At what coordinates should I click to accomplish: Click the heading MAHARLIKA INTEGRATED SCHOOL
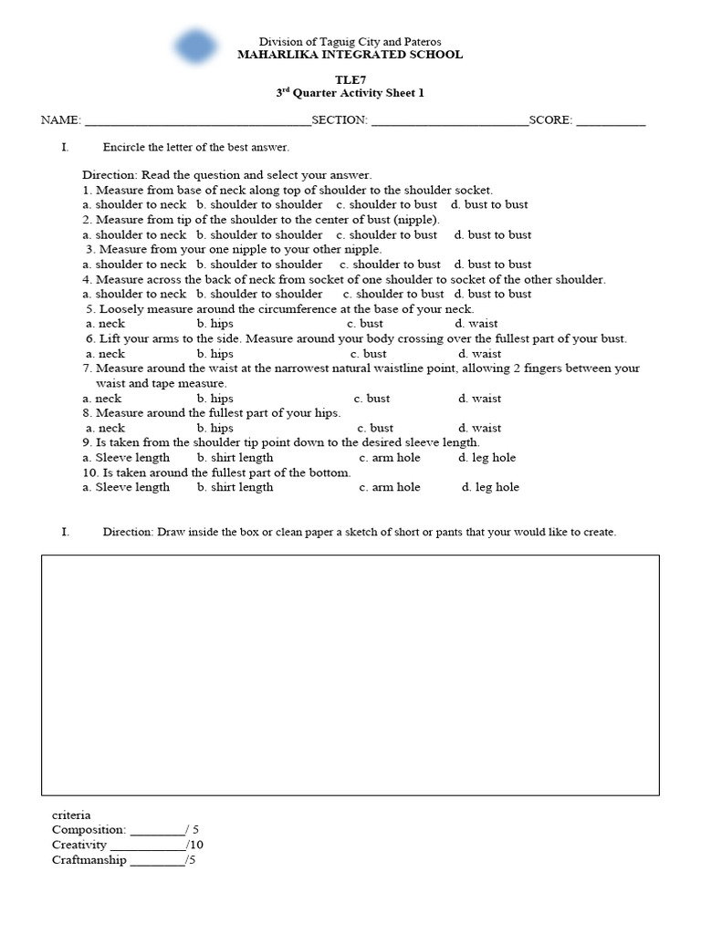tap(350, 55)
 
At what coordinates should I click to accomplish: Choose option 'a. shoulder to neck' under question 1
tap(134, 205)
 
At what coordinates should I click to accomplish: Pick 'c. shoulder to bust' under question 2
tap(389, 235)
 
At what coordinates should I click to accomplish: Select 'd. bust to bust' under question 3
tap(493, 265)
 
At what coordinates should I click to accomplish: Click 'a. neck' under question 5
tap(106, 324)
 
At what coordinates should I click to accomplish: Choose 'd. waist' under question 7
tap(478, 399)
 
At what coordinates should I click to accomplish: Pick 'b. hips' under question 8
tap(214, 428)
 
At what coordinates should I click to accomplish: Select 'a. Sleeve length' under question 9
tap(126, 458)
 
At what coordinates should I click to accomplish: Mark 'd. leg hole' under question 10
tap(490, 487)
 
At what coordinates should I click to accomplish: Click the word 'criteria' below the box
tap(71, 815)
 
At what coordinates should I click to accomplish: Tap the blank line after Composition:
tap(157, 831)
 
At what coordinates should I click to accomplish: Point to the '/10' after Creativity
tap(194, 846)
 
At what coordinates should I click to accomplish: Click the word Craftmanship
tap(89, 860)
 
